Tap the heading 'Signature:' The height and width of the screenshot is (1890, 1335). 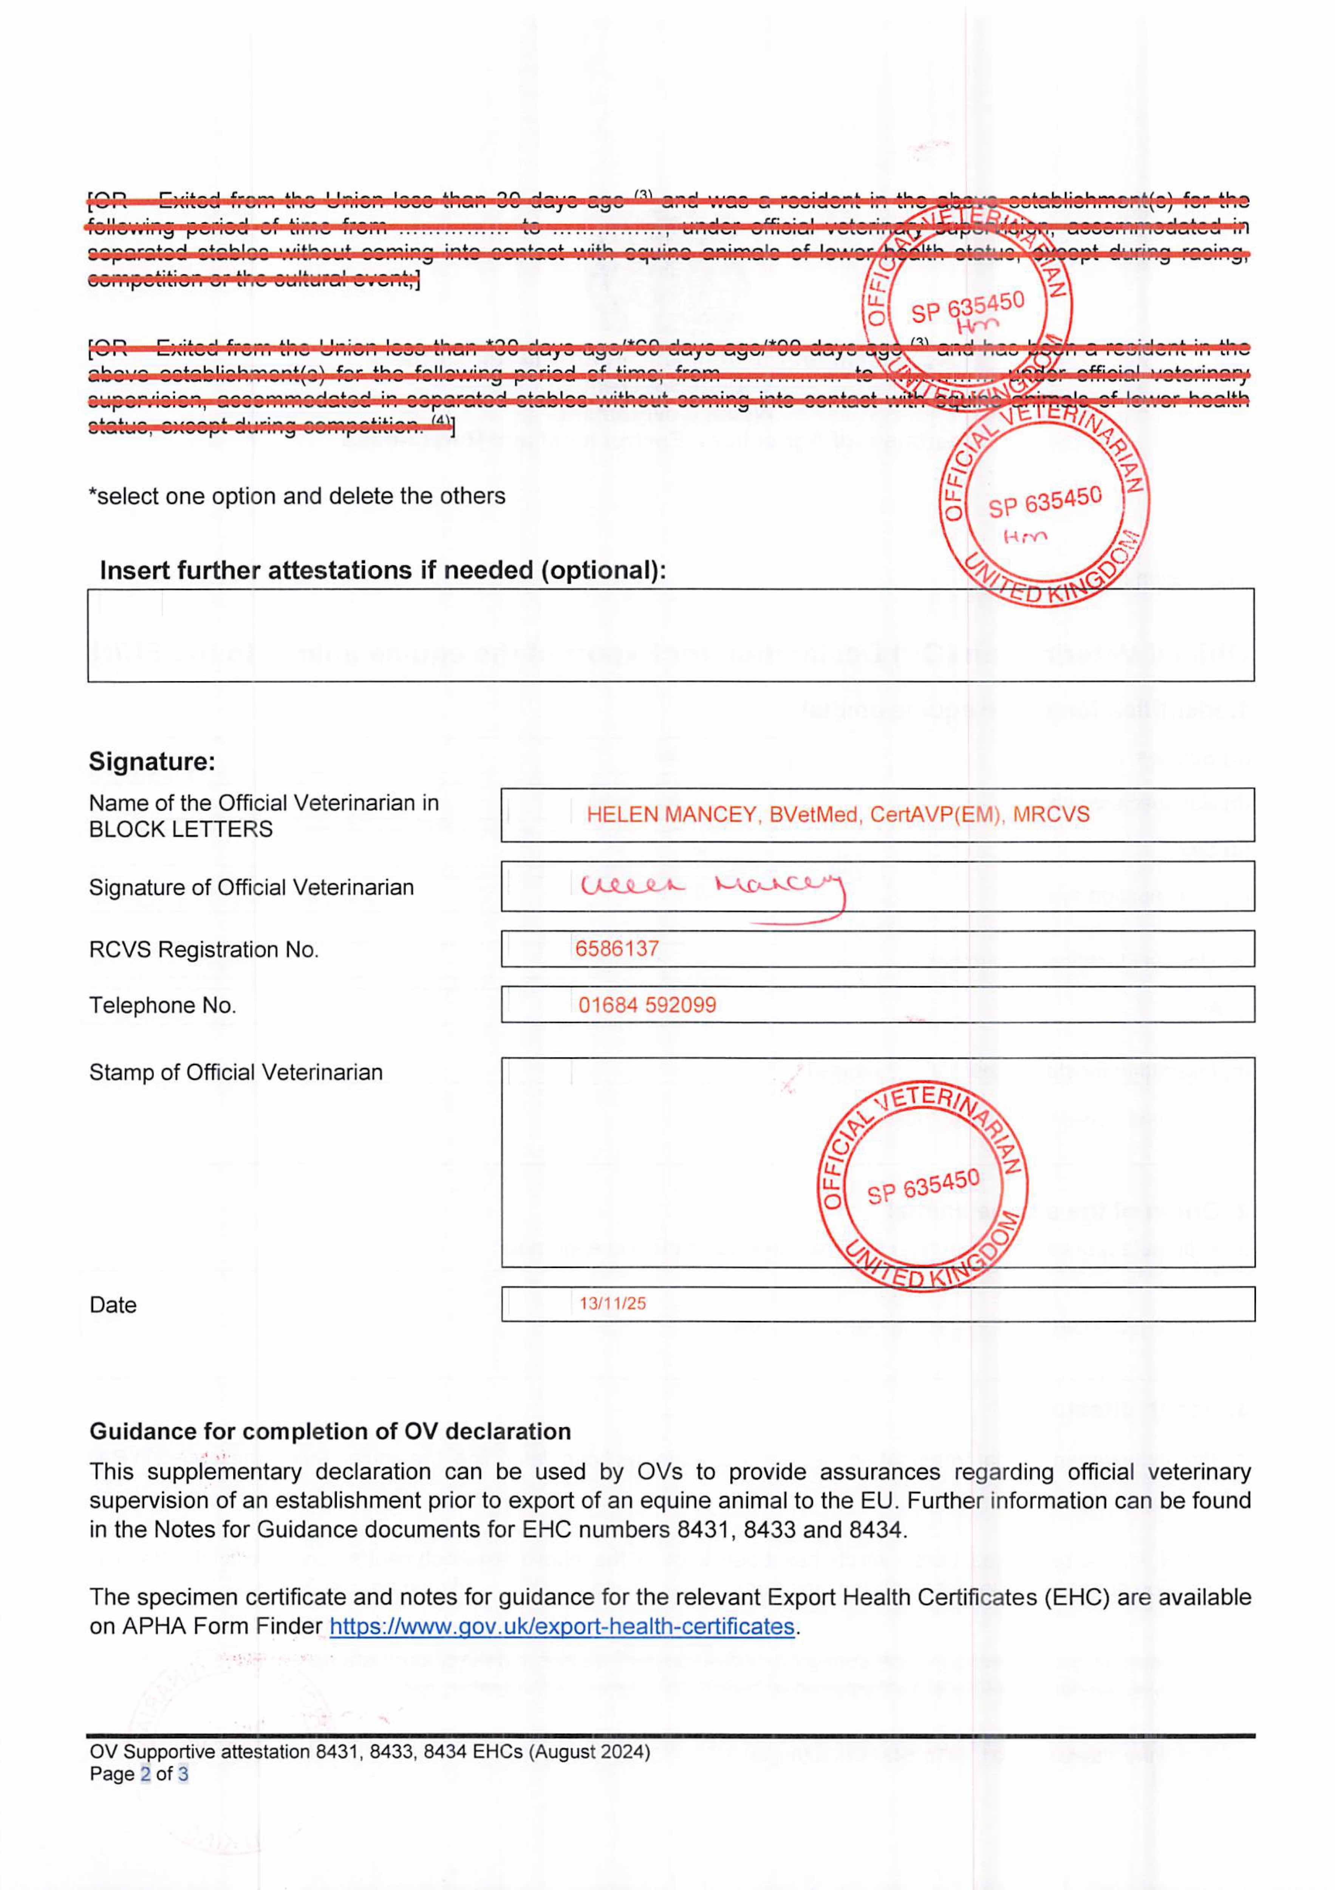click(152, 761)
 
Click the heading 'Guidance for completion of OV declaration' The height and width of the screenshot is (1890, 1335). click(330, 1431)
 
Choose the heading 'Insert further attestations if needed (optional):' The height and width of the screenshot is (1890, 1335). click(383, 570)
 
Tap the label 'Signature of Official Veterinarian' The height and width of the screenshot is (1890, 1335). click(251, 888)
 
